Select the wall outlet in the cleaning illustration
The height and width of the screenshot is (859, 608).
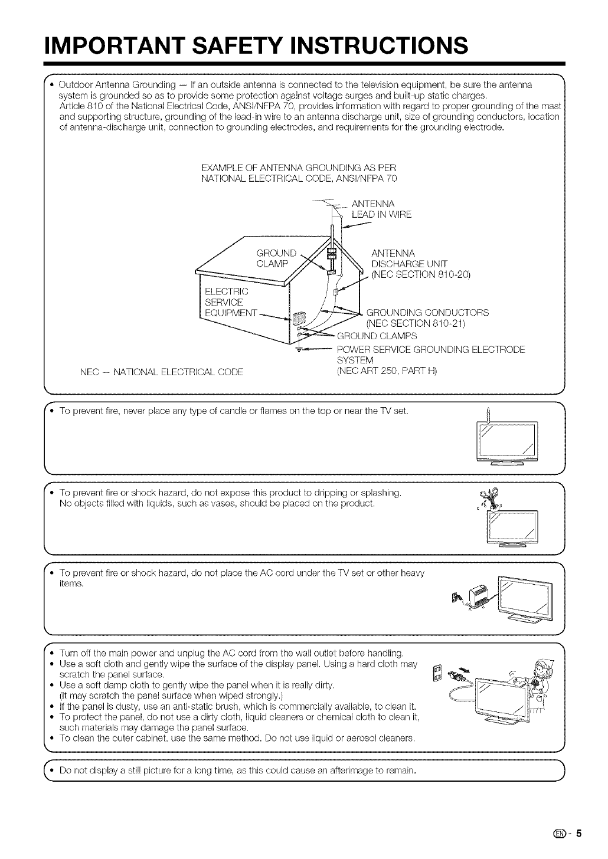[437, 673]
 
